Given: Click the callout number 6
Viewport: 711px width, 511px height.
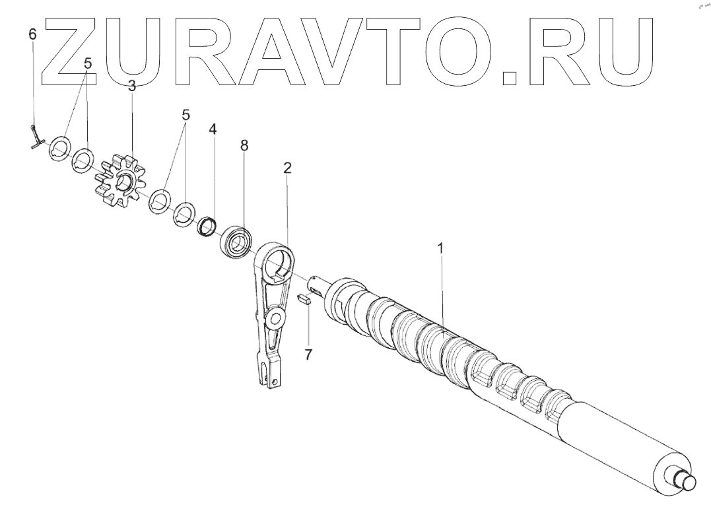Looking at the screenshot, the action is (x=33, y=34).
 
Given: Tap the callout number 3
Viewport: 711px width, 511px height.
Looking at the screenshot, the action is (x=132, y=86).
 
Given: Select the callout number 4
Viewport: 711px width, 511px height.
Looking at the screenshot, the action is (x=212, y=129).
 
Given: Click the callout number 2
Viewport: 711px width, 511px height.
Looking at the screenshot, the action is (x=287, y=168).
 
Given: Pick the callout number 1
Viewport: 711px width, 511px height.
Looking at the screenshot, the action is (x=441, y=249).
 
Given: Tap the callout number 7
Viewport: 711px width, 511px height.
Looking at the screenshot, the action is (x=308, y=355).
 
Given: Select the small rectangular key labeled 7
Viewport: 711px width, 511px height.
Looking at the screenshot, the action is (x=302, y=298).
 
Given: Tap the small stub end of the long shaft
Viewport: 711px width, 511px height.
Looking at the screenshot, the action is (x=685, y=481).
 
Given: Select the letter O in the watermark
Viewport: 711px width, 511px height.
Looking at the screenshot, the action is (x=459, y=51).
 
